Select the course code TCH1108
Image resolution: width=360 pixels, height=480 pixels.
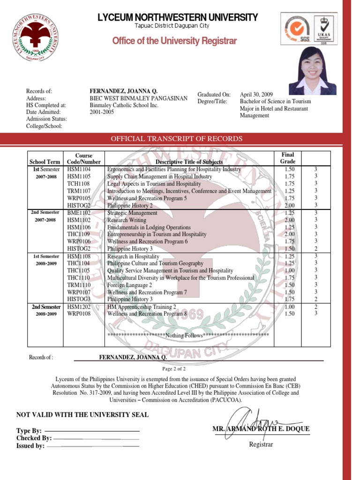click(x=78, y=184)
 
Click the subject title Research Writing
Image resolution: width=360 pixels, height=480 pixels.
click(x=127, y=220)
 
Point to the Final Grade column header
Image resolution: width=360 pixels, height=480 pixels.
click(x=287, y=158)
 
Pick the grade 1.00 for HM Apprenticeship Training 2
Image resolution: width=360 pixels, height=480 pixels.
click(x=290, y=307)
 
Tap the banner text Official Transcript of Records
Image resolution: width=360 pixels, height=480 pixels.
click(x=176, y=139)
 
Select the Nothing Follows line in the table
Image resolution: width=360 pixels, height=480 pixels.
click(x=188, y=336)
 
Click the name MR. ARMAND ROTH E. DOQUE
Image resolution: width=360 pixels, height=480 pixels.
click(x=261, y=429)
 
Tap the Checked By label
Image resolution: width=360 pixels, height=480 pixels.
click(x=34, y=438)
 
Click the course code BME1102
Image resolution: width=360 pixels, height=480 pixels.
click(x=79, y=213)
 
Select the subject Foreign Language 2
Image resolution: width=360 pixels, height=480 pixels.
click(x=129, y=285)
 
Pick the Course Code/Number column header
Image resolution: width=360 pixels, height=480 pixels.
click(x=84, y=158)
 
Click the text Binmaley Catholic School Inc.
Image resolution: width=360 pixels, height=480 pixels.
click(x=124, y=105)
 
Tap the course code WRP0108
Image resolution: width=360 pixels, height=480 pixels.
click(x=79, y=314)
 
